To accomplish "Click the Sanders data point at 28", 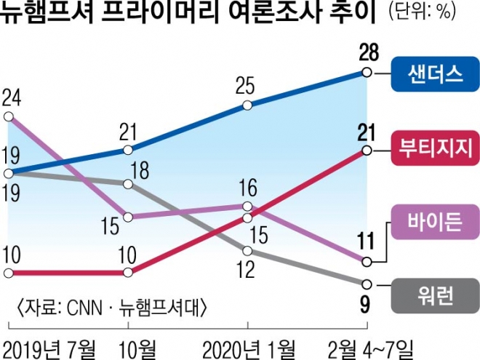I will [367, 72].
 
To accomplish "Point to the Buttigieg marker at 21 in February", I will [367, 151].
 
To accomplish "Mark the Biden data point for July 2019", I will [8, 116].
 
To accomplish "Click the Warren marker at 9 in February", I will [367, 284].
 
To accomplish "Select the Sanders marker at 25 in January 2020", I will [248, 105].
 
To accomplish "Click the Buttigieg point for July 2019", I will [8, 273].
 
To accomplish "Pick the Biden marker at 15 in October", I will [129, 216].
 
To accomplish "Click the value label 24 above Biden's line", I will [12, 97].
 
